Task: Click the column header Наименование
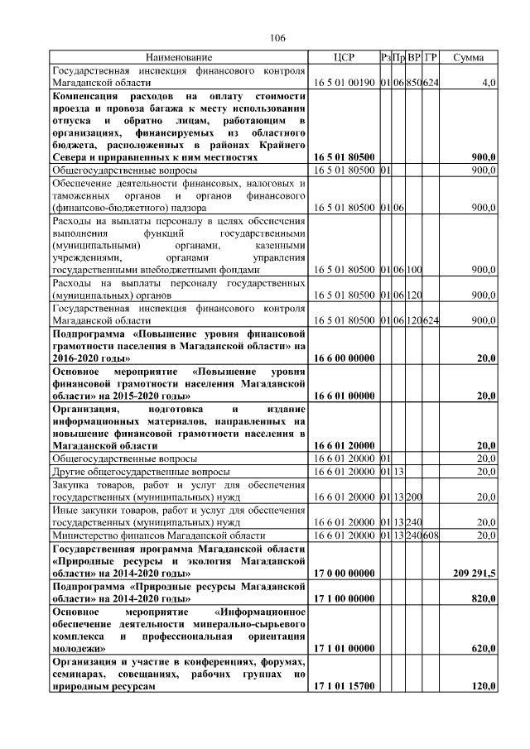[179, 58]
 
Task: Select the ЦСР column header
[343, 58]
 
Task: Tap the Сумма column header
[470, 58]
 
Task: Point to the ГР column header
[431, 58]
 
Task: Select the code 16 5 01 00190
[344, 84]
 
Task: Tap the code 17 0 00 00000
[344, 573]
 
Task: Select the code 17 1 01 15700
[344, 687]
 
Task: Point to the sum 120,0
[484, 687]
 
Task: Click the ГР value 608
[431, 535]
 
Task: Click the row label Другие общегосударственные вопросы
[135, 471]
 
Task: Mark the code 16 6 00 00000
[344, 358]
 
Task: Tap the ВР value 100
[414, 270]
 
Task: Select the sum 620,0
[484, 650]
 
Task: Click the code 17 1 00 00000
[344, 597]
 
